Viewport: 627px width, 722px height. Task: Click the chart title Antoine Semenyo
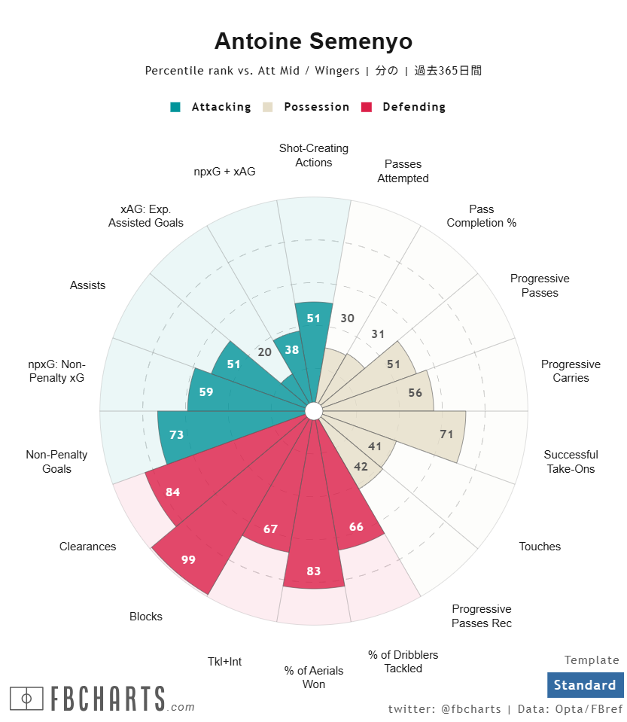(313, 41)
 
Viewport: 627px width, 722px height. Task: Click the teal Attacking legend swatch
(175, 107)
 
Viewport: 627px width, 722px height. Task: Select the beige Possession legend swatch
(268, 107)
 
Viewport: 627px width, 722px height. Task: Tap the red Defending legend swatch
(367, 107)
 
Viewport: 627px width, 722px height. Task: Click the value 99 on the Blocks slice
(188, 559)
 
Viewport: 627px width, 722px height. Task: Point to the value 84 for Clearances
(173, 492)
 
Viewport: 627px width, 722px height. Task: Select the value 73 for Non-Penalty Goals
(177, 434)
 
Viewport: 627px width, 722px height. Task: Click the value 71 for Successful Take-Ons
(446, 434)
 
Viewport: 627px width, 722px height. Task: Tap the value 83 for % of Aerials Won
(314, 571)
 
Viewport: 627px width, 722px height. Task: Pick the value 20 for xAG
(264, 352)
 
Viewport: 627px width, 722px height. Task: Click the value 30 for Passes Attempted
(347, 318)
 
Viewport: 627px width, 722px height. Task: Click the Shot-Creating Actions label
(313, 155)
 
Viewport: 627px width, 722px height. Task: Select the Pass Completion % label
(481, 216)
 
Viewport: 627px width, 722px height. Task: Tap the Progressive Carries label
(571, 371)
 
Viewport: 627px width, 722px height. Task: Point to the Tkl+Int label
(224, 662)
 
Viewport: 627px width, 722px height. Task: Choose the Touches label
(540, 547)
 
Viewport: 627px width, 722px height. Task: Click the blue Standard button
(585, 685)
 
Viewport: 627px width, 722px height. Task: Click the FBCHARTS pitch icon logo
(26, 699)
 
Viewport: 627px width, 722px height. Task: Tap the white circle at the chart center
(314, 411)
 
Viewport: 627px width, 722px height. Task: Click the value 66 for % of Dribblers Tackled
(356, 526)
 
